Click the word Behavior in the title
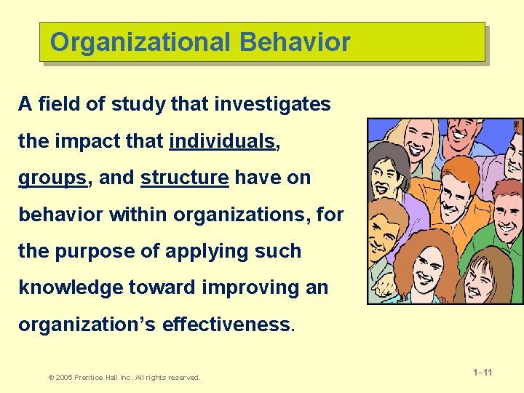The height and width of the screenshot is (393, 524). click(x=295, y=42)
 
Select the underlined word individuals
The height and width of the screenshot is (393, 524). click(x=223, y=141)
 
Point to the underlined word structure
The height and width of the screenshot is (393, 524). click(x=184, y=178)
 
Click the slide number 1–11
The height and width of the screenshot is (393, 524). click(x=483, y=373)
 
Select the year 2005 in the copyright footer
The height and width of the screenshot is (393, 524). click(x=63, y=377)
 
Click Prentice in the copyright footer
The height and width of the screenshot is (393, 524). click(x=91, y=377)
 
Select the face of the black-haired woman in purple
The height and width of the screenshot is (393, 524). click(x=384, y=177)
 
